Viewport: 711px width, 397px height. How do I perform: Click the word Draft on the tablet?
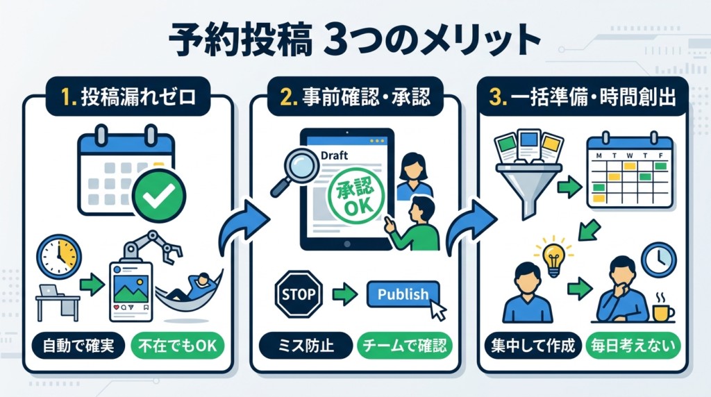pyautogui.click(x=335, y=156)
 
